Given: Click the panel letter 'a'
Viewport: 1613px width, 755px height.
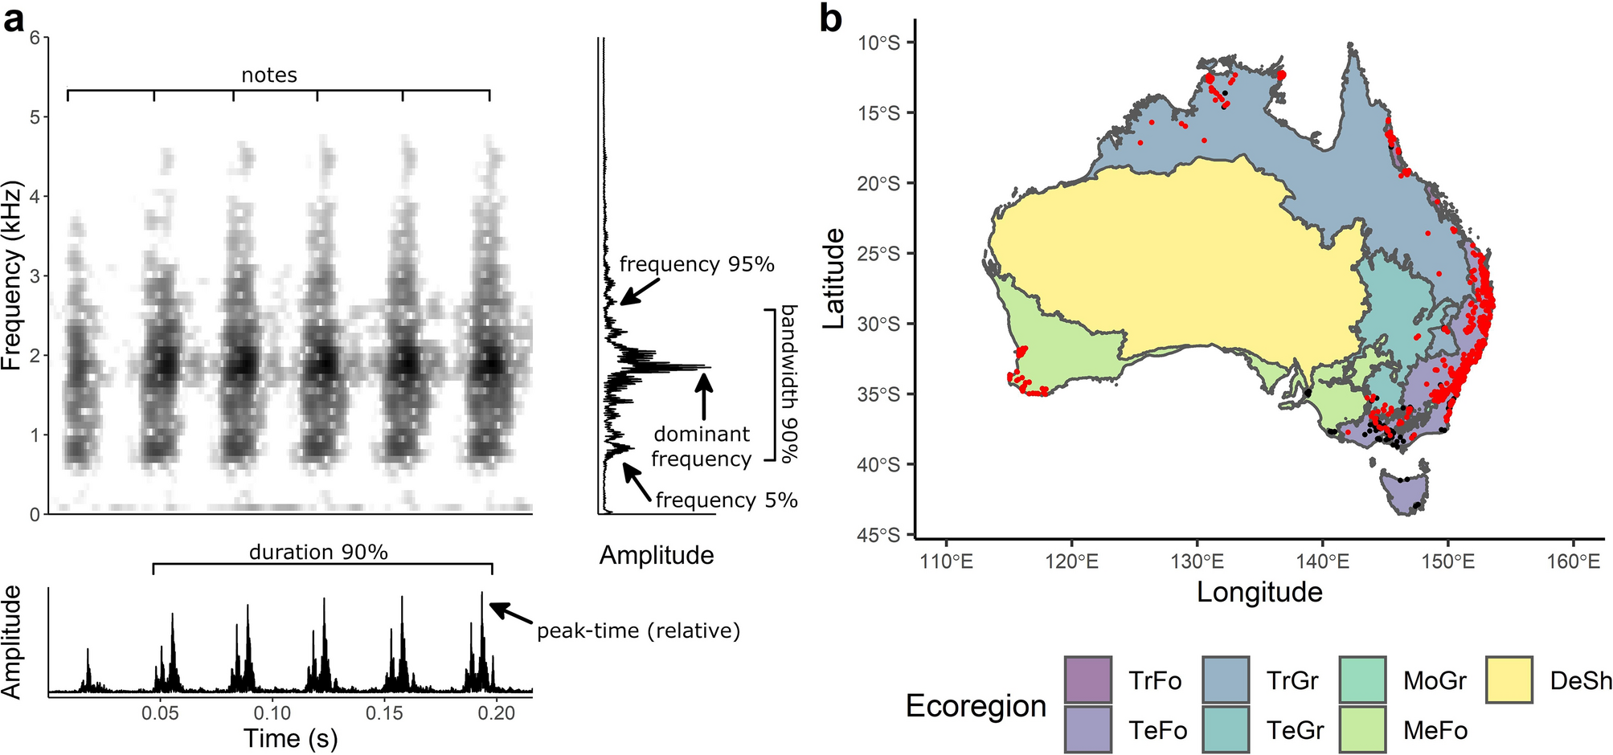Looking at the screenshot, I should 14,19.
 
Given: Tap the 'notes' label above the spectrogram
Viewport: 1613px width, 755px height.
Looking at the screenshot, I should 269,75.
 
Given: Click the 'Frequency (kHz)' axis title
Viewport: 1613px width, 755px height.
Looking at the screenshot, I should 12,275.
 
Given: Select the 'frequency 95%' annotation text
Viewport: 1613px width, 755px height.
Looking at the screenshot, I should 697,264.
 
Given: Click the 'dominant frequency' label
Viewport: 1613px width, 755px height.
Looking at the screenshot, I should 701,447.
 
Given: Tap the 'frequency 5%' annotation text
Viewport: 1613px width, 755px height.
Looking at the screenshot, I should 726,500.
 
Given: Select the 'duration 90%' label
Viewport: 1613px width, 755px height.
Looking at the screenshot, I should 318,553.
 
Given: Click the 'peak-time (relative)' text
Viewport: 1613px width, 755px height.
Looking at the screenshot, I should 638,631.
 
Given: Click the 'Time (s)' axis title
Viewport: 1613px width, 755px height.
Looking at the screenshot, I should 290,738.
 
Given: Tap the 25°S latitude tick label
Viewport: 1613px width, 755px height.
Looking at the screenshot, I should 878,254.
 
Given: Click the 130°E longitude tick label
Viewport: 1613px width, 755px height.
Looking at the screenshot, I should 1197,561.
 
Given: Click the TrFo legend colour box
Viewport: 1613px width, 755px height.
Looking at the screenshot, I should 1088,680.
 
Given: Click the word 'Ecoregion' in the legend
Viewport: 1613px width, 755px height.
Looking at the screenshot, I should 976,705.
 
